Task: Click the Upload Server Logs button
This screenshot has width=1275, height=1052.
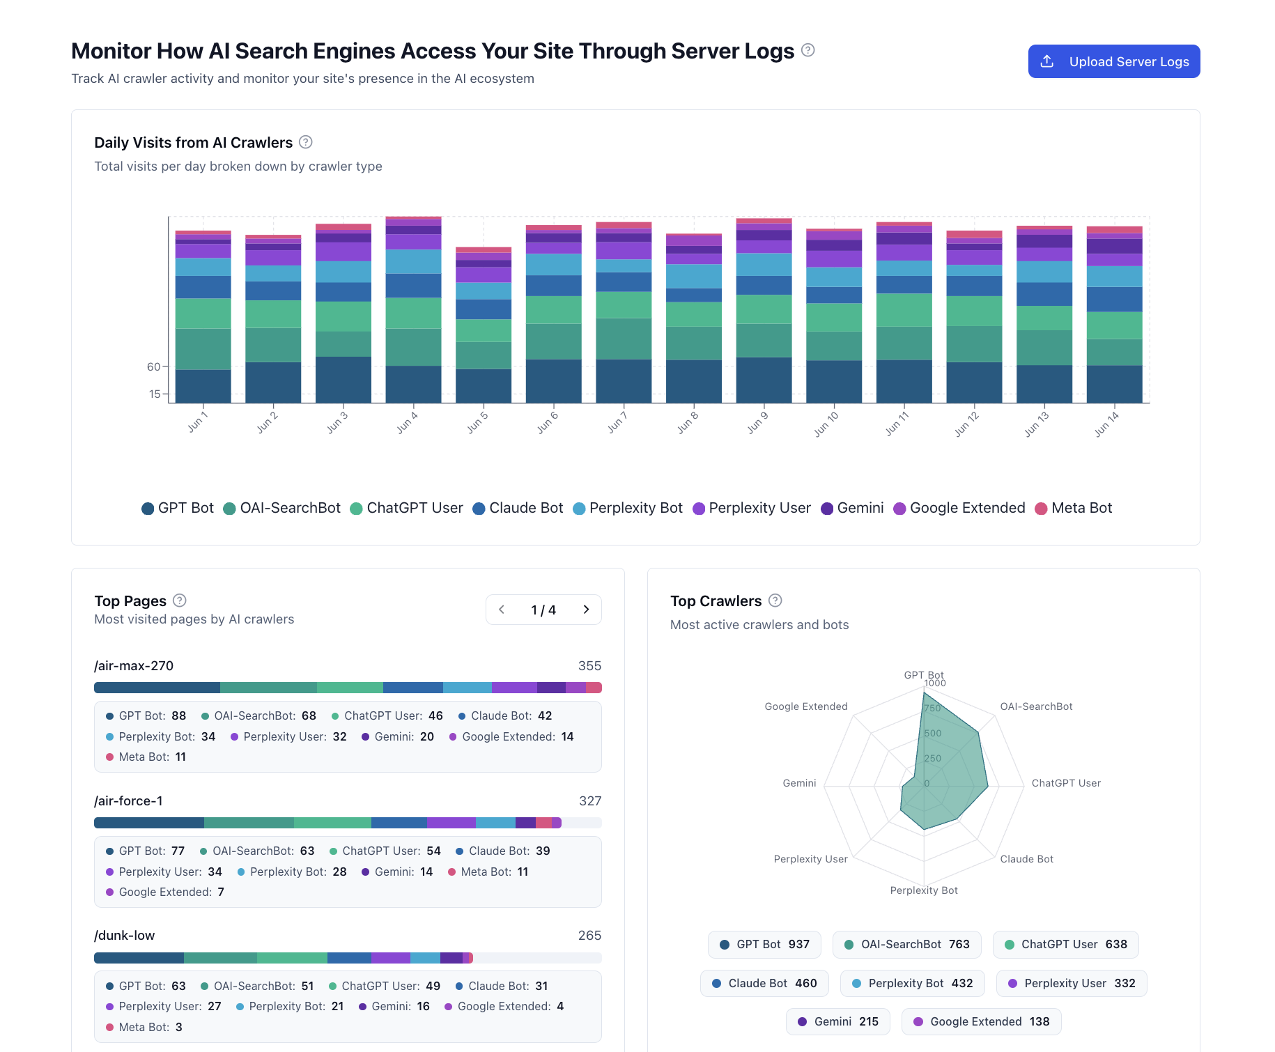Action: pos(1113,61)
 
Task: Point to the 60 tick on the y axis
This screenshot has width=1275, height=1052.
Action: pos(153,366)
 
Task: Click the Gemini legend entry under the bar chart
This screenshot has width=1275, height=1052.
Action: pos(852,508)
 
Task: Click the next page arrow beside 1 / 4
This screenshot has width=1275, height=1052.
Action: pos(586,610)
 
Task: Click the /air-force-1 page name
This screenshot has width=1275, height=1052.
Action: pos(128,800)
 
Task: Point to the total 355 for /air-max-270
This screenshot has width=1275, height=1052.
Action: pos(589,666)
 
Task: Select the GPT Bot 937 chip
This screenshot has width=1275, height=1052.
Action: pos(764,945)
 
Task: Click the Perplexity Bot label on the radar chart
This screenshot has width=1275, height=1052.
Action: pos(923,890)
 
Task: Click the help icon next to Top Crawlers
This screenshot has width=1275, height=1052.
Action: pos(775,601)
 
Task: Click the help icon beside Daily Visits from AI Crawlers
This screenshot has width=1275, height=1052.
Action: pos(305,142)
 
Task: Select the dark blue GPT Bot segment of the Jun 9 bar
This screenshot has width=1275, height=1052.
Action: pos(764,380)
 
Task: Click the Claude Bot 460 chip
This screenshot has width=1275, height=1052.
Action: pos(764,983)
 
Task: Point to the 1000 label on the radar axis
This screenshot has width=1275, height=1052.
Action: pos(935,683)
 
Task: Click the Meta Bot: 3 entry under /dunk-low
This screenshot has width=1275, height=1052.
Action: pos(144,1027)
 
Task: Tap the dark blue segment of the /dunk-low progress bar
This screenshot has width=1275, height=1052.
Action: pos(139,958)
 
